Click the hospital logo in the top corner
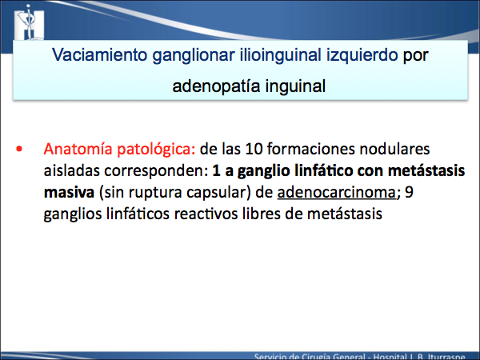(x=30, y=22)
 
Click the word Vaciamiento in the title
(x=99, y=55)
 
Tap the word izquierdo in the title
(x=362, y=56)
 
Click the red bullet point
(x=19, y=149)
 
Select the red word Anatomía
(x=78, y=149)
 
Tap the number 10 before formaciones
(x=254, y=150)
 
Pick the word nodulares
(x=394, y=149)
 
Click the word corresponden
(x=156, y=171)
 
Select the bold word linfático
(x=323, y=170)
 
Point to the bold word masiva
(x=69, y=193)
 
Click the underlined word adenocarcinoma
(x=337, y=193)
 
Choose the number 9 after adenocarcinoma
(x=409, y=193)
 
